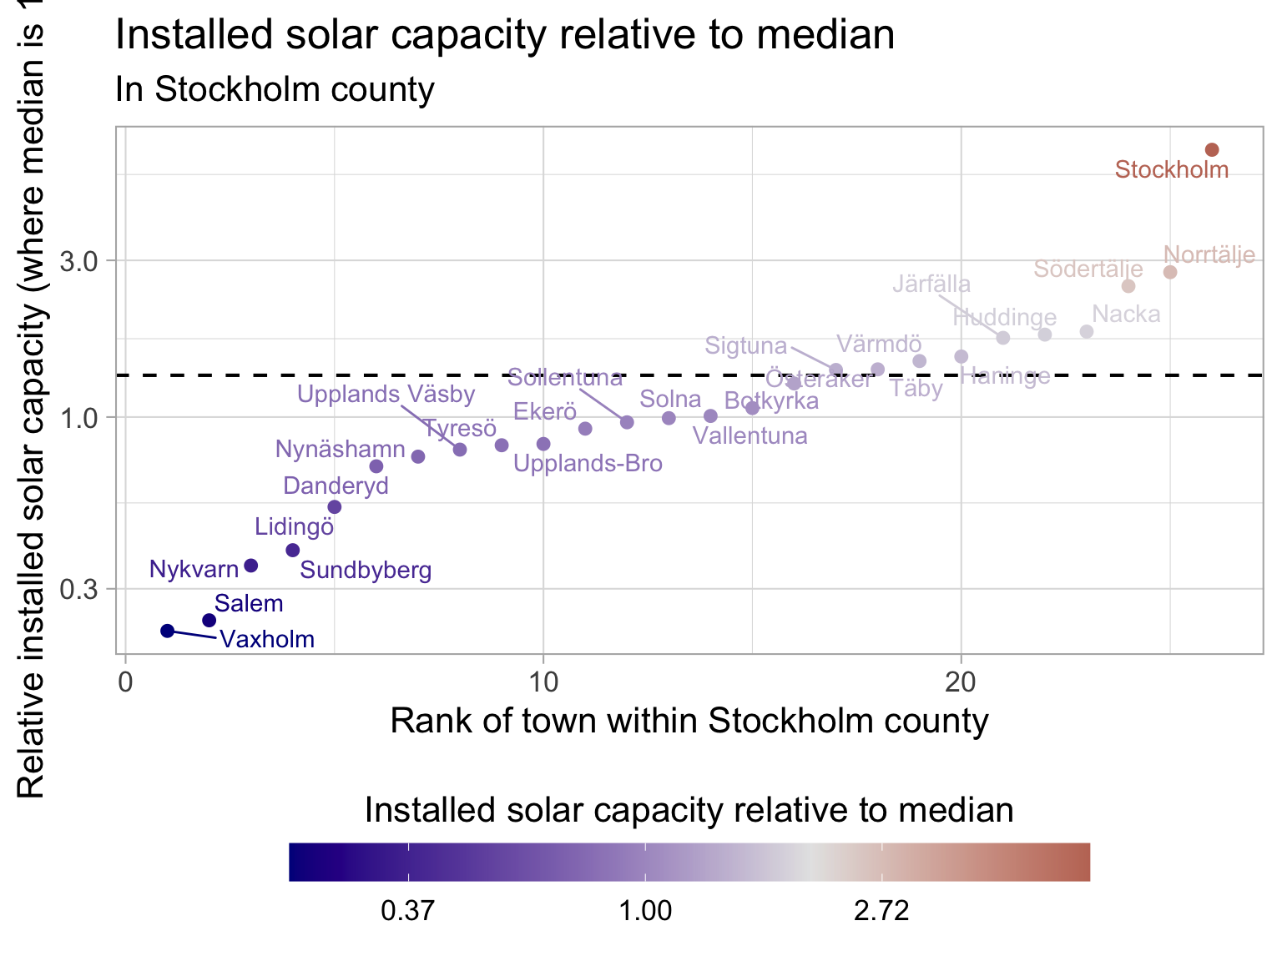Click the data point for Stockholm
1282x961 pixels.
click(x=1212, y=150)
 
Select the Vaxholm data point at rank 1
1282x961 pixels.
click(x=167, y=631)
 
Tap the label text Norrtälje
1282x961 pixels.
click(x=1209, y=255)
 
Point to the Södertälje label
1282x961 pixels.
click(x=1088, y=269)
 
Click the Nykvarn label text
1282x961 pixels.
click(x=194, y=570)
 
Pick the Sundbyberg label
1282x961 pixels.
click(x=366, y=571)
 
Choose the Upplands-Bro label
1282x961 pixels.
click(x=588, y=464)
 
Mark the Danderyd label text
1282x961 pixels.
click(x=336, y=486)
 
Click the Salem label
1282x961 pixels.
click(x=249, y=604)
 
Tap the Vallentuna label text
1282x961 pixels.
click(x=750, y=436)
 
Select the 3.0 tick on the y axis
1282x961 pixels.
click(x=80, y=260)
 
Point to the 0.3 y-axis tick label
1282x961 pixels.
click(x=80, y=589)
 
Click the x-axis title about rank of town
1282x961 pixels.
click(x=689, y=721)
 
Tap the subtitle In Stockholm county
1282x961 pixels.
click(x=275, y=89)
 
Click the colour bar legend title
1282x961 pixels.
click(x=689, y=811)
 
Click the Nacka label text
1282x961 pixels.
click(x=1126, y=314)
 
